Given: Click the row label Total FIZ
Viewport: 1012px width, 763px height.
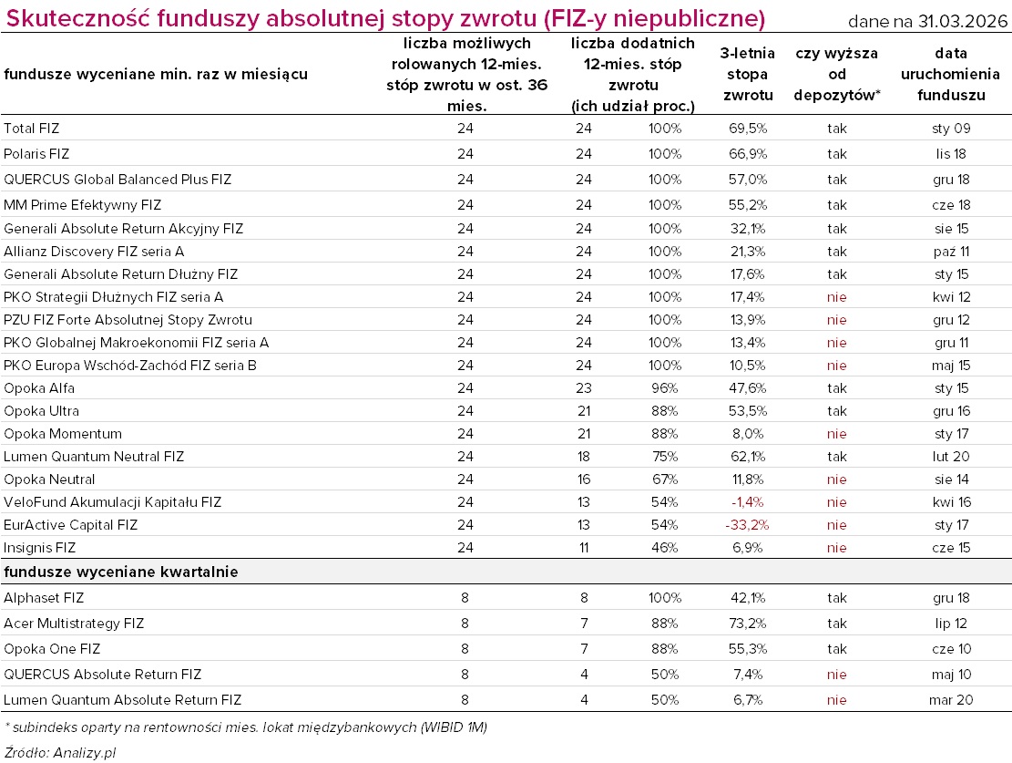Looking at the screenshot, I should [31, 129].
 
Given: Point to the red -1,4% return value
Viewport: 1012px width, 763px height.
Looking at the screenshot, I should [747, 502].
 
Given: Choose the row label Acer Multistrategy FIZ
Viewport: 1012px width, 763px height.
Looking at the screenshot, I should [74, 624].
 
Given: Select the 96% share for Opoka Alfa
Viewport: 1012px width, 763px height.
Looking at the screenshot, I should [664, 388].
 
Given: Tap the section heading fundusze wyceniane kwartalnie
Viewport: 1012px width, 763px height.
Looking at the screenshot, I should [121, 572].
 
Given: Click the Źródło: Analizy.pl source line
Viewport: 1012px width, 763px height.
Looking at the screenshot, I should [59, 752].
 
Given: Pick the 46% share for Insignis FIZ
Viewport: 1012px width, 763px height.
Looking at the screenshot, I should [664, 548].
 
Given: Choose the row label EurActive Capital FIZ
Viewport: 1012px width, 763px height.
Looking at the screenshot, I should [70, 525].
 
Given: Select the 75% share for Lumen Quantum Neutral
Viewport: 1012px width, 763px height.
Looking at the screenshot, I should [664, 457].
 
